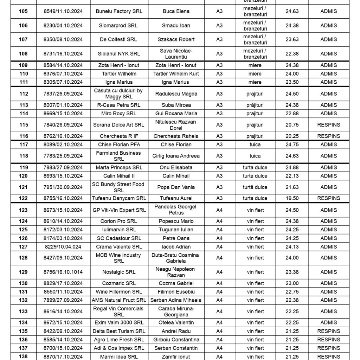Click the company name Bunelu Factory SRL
pyautogui.click(x=119, y=11)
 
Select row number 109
pyautogui.click(x=23, y=65)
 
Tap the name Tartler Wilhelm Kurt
pyautogui.click(x=176, y=74)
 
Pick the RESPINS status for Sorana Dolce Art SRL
pyautogui.click(x=328, y=125)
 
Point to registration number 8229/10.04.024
pyautogui.click(x=63, y=247)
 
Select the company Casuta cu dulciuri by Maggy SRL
pyautogui.click(x=119, y=94)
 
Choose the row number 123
pyautogui.click(x=23, y=210)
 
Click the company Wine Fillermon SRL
pyautogui.click(x=119, y=292)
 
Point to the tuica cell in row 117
pyautogui.click(x=255, y=144)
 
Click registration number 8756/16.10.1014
pyautogui.click(x=63, y=272)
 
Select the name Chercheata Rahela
pyautogui.click(x=176, y=136)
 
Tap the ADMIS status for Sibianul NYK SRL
pyautogui.click(x=328, y=54)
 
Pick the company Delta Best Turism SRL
pyautogui.click(x=119, y=331)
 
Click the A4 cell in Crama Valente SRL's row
pyautogui.click(x=219, y=247)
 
